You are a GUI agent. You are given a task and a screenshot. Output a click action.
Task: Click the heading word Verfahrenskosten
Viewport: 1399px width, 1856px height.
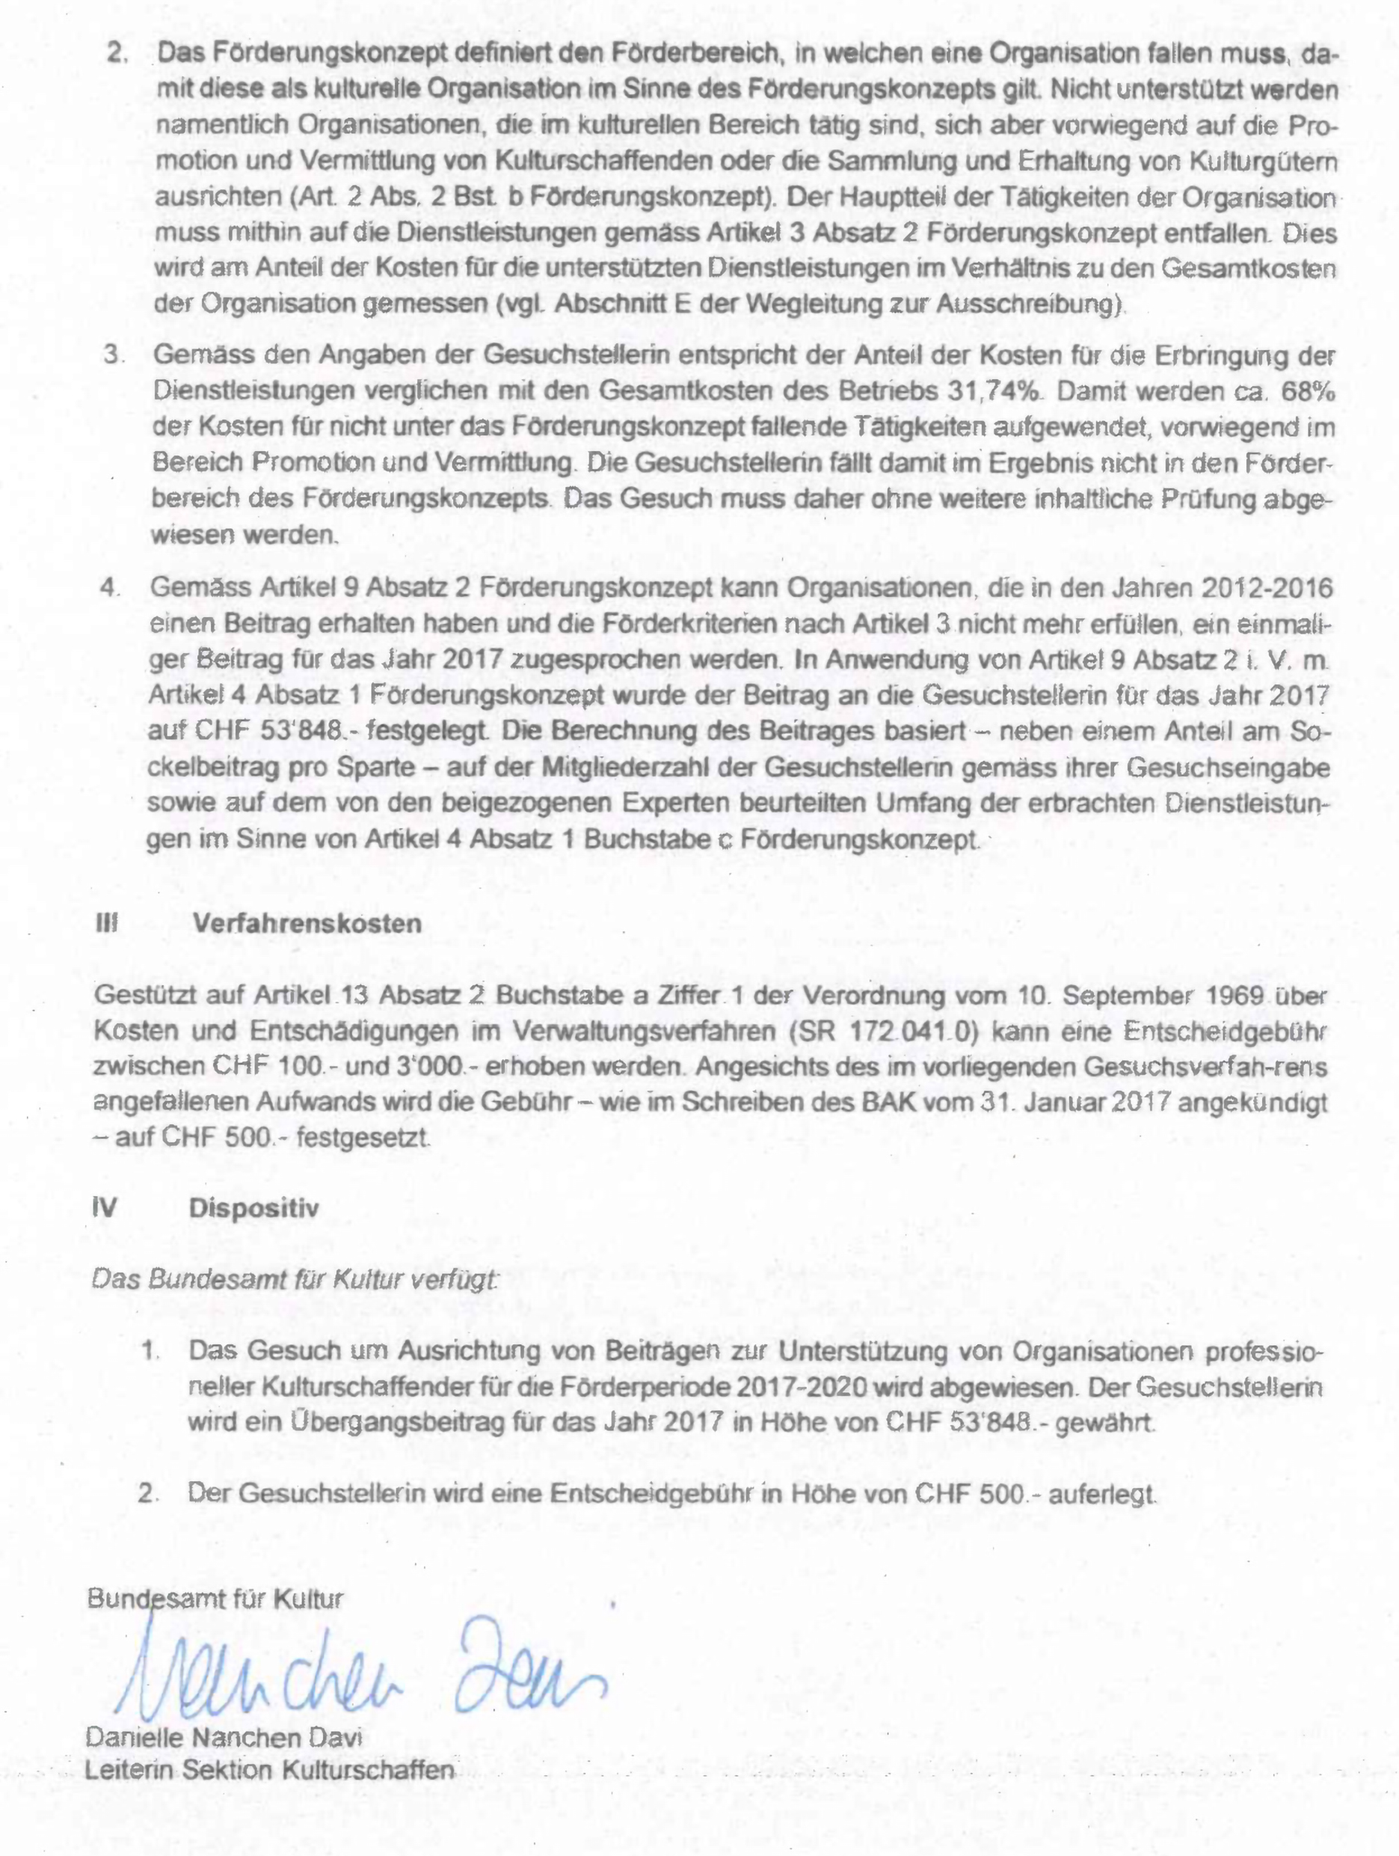307,924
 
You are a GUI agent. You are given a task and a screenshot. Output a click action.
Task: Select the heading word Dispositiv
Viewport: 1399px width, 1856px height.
254,1208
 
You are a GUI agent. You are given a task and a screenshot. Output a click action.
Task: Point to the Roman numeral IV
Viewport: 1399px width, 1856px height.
105,1208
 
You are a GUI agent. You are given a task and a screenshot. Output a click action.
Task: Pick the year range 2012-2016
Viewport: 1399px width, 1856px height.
1267,587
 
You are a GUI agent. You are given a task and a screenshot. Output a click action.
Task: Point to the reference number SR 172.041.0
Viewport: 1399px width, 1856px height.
891,1030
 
